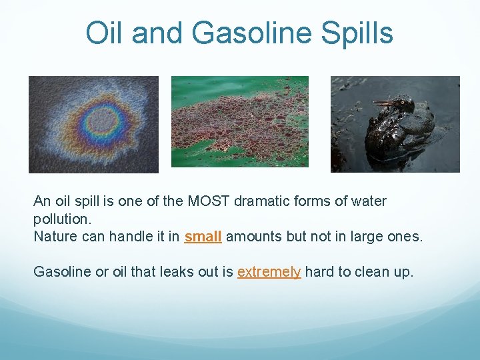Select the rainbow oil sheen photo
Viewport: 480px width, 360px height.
pyautogui.click(x=93, y=124)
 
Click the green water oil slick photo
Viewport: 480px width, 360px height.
pyautogui.click(x=240, y=121)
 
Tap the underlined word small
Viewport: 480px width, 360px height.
pyautogui.click(x=203, y=237)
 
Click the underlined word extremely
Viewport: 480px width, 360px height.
pyautogui.click(x=269, y=271)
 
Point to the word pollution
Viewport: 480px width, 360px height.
pyautogui.click(x=60, y=219)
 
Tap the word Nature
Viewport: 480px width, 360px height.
pyautogui.click(x=54, y=237)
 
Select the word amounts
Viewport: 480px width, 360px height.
pyautogui.click(x=252, y=237)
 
